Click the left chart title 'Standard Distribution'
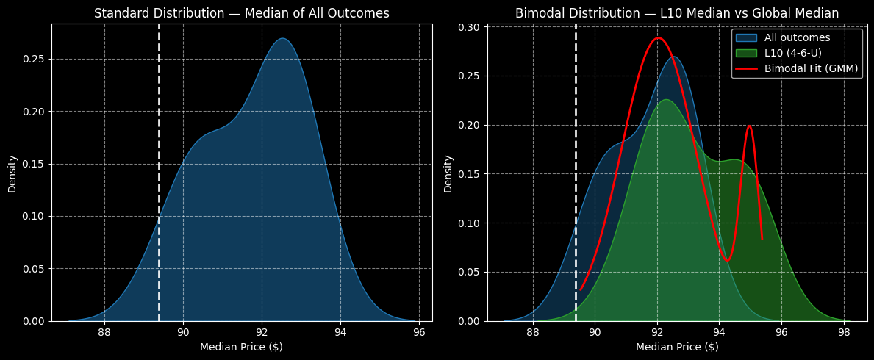pyautogui.click(x=241, y=13)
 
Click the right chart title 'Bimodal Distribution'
pyautogui.click(x=676, y=13)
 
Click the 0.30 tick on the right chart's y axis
pyautogui.click(x=470, y=27)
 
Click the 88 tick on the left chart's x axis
pyautogui.click(x=104, y=330)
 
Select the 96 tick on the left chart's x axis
pyautogui.click(x=419, y=330)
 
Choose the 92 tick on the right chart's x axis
pyautogui.click(x=657, y=330)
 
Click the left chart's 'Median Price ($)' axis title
pyautogui.click(x=241, y=347)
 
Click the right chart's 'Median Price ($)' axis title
pyautogui.click(x=676, y=347)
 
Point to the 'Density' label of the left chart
pyautogui.click(x=12, y=173)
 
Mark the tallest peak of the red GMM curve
pyautogui.click(x=658, y=38)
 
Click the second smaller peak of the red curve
pyautogui.click(x=749, y=126)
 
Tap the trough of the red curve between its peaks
pyautogui.click(x=727, y=260)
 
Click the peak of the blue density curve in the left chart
pyautogui.click(x=283, y=39)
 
